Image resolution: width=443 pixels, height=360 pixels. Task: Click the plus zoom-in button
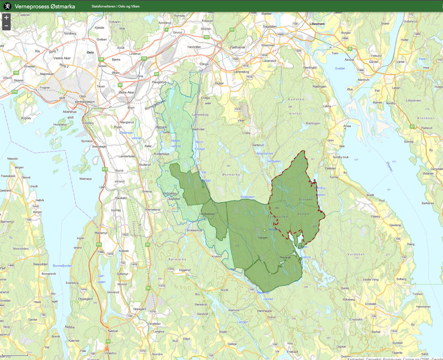click(6, 18)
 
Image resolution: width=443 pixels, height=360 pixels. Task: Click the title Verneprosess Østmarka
click(45, 7)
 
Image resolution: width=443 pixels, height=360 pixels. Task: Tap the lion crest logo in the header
click(7, 6)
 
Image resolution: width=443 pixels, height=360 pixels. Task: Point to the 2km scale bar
click(15, 353)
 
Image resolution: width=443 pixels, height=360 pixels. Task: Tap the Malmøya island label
click(85, 179)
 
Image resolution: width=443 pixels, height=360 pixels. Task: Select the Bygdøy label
click(26, 118)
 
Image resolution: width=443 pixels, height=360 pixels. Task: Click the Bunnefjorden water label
click(62, 266)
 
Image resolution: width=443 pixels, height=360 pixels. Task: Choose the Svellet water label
click(340, 69)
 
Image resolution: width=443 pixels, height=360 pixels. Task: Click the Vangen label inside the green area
click(263, 238)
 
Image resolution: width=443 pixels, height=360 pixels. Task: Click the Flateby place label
click(376, 216)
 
